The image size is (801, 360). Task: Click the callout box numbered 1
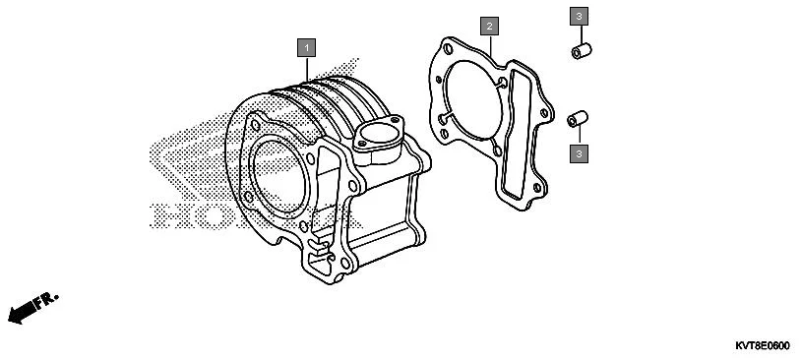(x=307, y=47)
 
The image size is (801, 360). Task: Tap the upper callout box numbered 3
(x=579, y=17)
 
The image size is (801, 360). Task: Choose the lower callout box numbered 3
(x=579, y=152)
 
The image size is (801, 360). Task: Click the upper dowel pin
(x=582, y=49)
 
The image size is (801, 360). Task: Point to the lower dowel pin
(x=578, y=119)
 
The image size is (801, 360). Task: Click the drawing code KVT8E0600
(x=762, y=345)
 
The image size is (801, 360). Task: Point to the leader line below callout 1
(x=307, y=67)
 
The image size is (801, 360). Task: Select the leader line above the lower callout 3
(x=579, y=136)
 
